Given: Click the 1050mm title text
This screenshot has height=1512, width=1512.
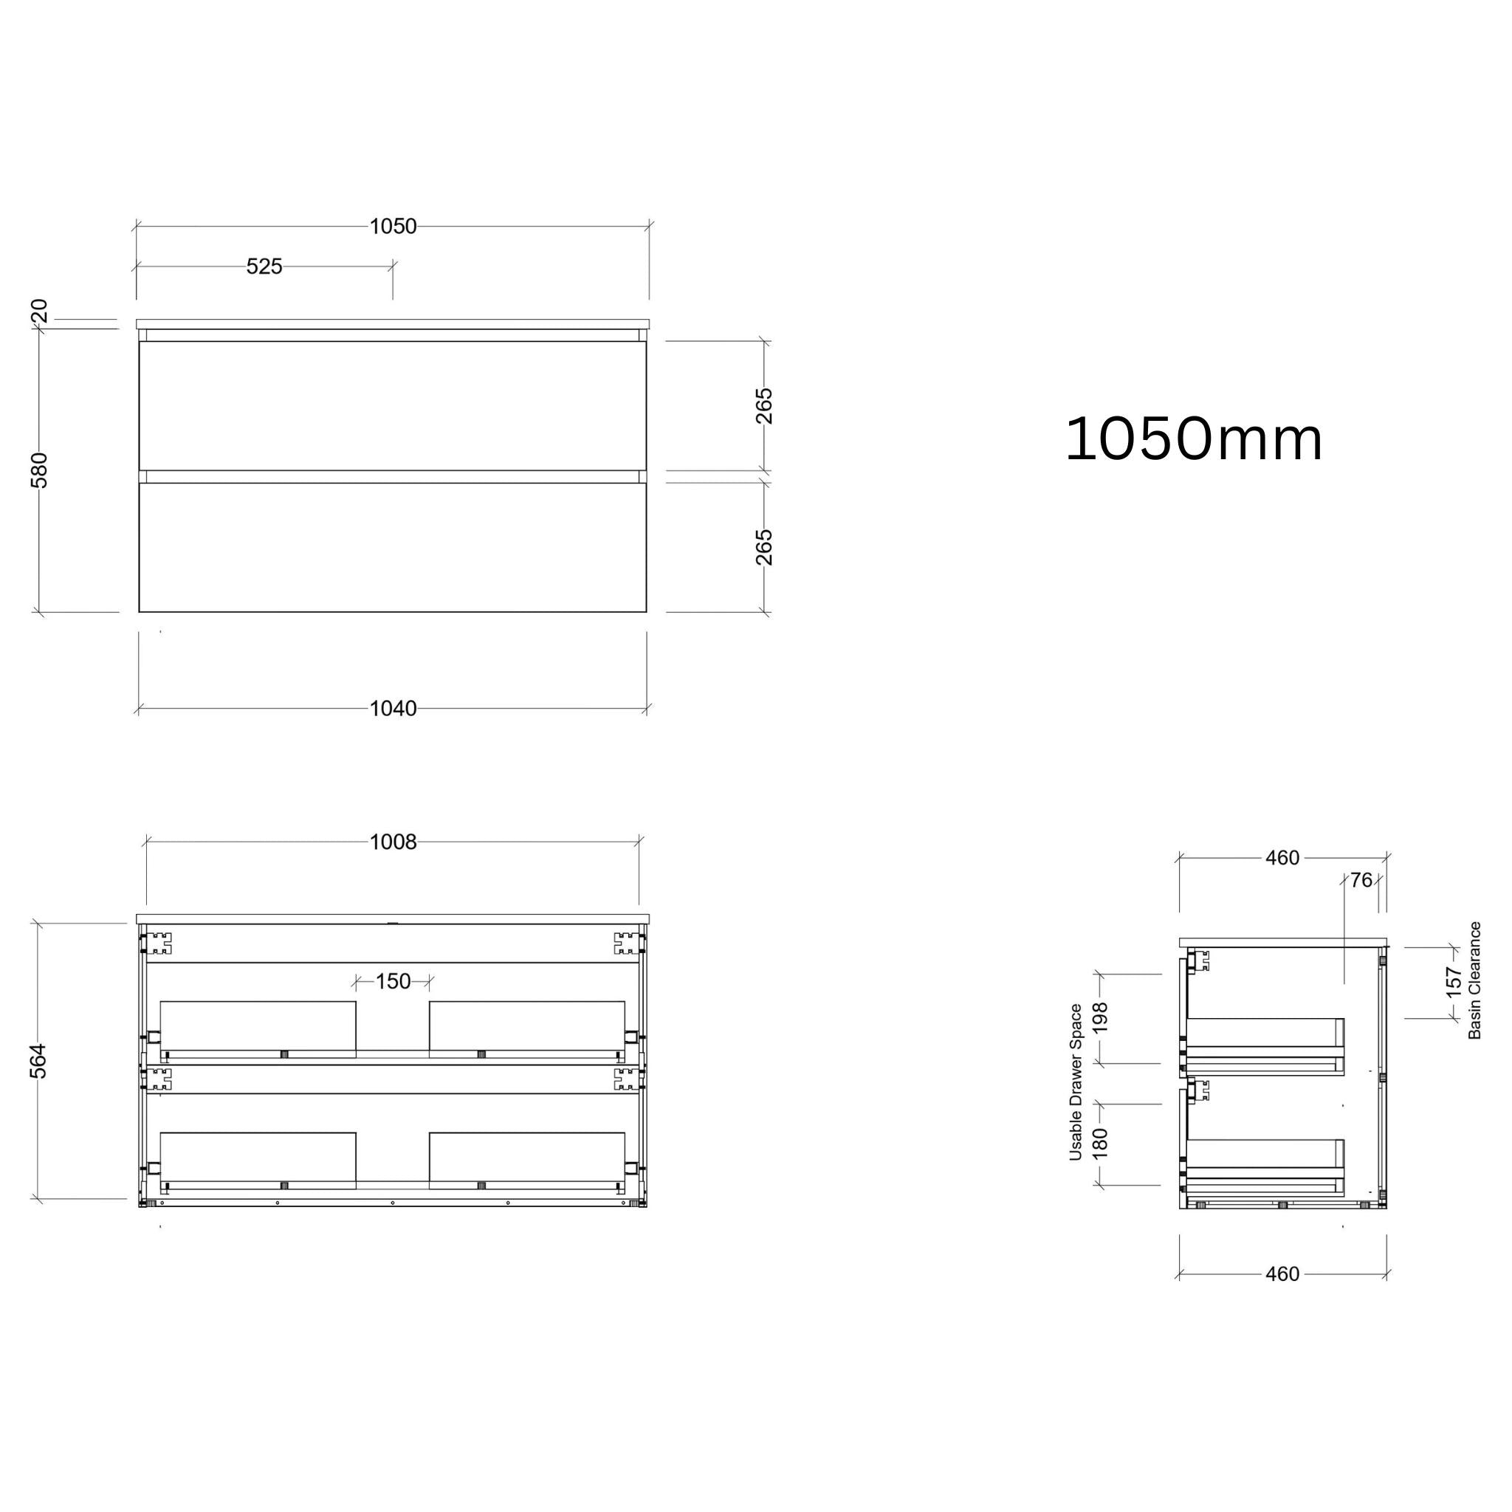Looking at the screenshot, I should [1194, 440].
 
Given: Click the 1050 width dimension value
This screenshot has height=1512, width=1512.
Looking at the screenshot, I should [393, 227].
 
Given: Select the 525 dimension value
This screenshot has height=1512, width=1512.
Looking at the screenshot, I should [264, 267].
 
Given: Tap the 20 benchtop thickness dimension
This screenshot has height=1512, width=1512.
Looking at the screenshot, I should [40, 311].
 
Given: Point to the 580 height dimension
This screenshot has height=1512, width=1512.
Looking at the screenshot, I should [39, 470].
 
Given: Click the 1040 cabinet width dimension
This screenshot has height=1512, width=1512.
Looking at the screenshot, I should [393, 709].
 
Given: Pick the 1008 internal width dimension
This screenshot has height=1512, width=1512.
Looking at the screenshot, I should [393, 842].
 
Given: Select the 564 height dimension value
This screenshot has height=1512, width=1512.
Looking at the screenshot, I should [39, 1060].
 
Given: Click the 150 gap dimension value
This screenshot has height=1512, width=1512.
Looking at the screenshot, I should [393, 981].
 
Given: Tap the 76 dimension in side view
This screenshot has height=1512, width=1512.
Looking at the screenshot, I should [1361, 881].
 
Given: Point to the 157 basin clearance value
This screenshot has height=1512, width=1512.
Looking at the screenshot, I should [1453, 983].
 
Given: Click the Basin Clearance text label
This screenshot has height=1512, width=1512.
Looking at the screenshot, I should [1475, 980].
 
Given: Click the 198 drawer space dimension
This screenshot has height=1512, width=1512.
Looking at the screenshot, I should [1100, 1018].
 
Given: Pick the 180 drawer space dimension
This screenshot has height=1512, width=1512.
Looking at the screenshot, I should [1100, 1144].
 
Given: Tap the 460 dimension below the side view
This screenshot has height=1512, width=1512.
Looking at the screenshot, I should [1282, 1275].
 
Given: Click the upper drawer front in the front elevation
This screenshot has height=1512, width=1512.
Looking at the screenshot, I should [393, 405].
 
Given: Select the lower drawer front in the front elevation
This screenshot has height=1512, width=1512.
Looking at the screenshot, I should [393, 547].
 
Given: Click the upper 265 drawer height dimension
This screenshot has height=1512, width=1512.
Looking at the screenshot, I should [765, 405].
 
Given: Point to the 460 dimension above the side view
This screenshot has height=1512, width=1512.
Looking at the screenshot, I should [1282, 859].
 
